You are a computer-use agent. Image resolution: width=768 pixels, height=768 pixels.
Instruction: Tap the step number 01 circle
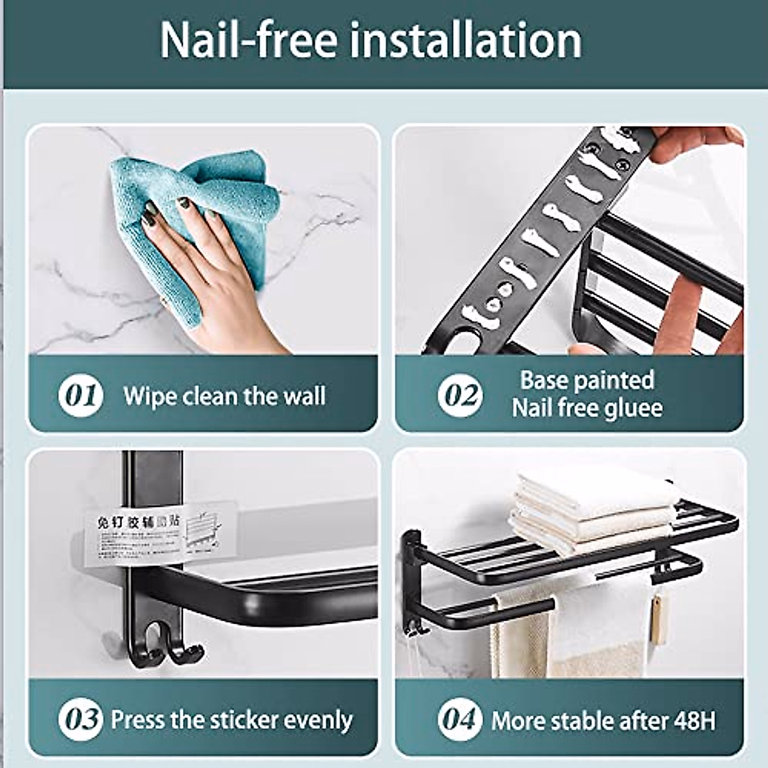click(x=81, y=395)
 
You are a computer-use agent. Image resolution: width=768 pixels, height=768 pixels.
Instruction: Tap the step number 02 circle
click(x=460, y=395)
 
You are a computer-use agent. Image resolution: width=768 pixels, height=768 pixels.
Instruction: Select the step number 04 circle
click(x=460, y=719)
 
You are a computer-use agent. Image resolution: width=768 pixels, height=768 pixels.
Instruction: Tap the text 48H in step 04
click(x=694, y=721)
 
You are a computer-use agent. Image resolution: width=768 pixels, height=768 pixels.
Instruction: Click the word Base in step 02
click(x=543, y=380)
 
